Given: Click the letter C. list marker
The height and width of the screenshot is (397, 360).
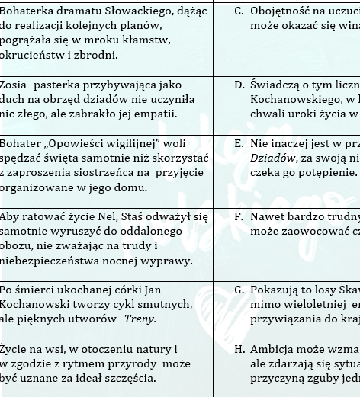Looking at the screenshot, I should (x=239, y=11).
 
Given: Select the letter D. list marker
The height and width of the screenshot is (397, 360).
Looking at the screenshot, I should (x=239, y=85).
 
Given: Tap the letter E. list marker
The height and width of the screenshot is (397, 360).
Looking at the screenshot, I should (x=239, y=143).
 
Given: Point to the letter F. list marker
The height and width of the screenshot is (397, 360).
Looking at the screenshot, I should (x=239, y=216).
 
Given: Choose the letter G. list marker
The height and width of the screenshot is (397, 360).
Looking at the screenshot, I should (x=239, y=290).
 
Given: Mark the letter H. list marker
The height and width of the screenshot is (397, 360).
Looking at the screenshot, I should (x=239, y=349).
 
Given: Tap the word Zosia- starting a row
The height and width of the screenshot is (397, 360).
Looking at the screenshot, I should (x=18, y=85).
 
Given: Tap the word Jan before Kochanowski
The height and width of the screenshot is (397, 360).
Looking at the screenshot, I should (x=153, y=290).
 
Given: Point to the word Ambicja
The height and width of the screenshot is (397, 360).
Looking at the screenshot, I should (x=275, y=349).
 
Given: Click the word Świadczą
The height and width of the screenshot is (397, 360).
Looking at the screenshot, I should (x=275, y=85).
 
